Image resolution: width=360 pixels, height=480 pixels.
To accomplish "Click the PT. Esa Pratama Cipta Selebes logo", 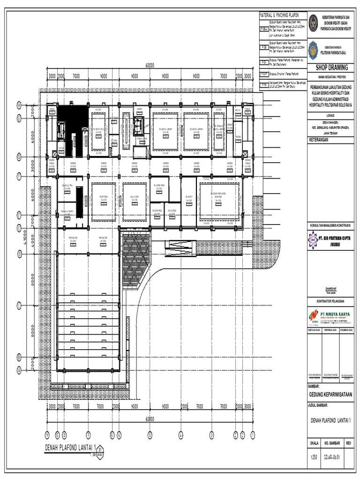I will pyautogui.click(x=313, y=240).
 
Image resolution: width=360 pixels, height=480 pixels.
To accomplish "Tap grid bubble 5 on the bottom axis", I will pyautogui.click(x=150, y=435).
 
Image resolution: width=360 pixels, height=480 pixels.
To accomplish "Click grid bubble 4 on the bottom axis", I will pyautogui.click(x=180, y=435).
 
